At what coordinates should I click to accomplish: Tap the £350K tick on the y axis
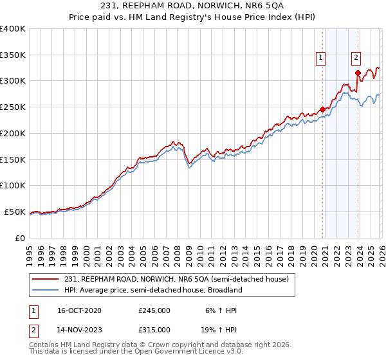(13, 55)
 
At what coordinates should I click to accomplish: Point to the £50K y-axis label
(15, 212)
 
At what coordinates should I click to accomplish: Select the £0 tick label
(21, 238)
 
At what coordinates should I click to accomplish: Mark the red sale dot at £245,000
(322, 109)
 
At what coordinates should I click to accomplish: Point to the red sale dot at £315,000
(358, 73)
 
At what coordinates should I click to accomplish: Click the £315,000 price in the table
(154, 329)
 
